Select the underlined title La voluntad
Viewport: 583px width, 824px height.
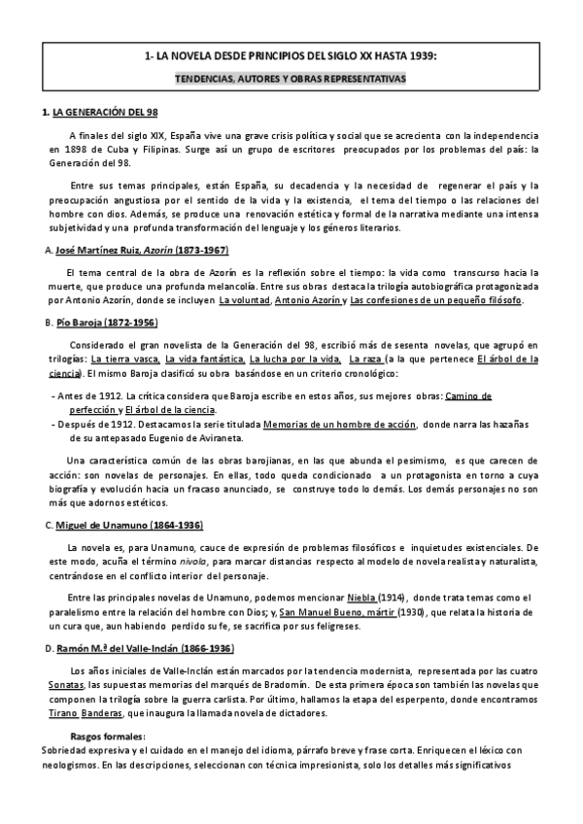[243, 300]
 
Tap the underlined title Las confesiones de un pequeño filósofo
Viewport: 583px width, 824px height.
[435, 300]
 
